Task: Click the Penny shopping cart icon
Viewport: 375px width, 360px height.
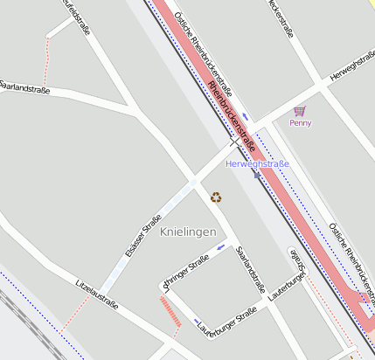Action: pos(300,111)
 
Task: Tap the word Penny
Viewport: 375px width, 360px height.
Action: pos(300,123)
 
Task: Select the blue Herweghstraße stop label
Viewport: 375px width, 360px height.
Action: pos(257,163)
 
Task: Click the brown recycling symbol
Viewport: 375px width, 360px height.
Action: pos(216,197)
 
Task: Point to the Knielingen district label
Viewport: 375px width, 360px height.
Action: pos(188,231)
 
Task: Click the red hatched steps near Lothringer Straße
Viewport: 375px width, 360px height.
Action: pos(170,310)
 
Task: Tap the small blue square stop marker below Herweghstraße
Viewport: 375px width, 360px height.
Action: pos(256,174)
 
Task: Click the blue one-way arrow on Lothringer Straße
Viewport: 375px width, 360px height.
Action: pos(220,246)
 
